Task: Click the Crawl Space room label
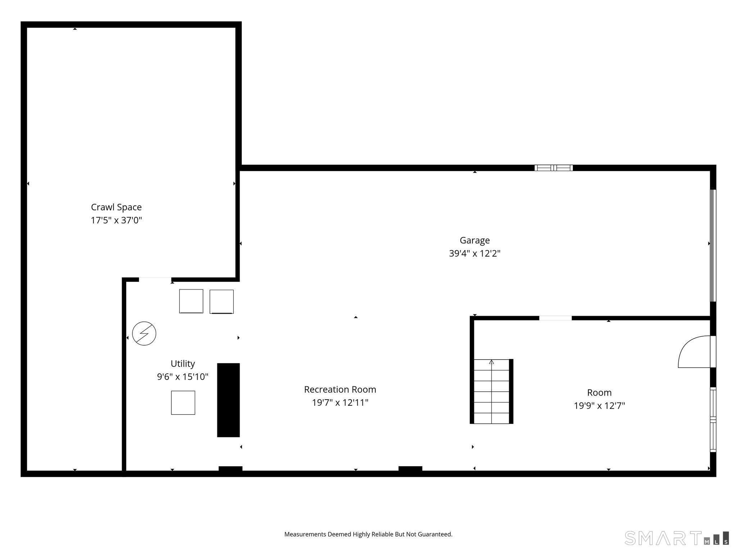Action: [116, 207]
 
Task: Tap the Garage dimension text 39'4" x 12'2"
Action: [475, 253]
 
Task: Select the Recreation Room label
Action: [340, 389]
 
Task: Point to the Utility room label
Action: [183, 363]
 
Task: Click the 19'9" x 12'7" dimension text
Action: [599, 406]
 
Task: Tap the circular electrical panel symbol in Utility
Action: [144, 333]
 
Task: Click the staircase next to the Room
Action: [492, 391]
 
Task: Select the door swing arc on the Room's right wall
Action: [693, 352]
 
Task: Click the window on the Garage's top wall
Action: [553, 168]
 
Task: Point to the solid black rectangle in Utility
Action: [228, 400]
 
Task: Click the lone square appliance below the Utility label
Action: [183, 403]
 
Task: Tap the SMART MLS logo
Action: [677, 538]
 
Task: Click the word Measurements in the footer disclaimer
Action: [305, 534]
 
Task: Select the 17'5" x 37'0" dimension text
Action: [116, 220]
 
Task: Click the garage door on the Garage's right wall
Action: [713, 246]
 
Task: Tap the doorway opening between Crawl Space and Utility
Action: [155, 280]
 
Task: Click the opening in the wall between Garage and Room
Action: [555, 318]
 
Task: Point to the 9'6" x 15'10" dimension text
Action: [183, 377]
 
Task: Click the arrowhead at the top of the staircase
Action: [492, 362]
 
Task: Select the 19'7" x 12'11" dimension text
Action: [340, 403]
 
